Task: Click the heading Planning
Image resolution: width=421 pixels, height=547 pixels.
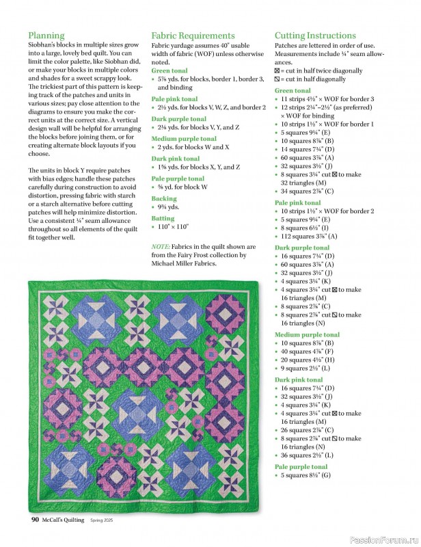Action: tap(46, 36)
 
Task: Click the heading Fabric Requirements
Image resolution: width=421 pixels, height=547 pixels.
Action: tap(193, 36)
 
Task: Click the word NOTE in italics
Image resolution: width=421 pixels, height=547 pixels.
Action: tap(161, 246)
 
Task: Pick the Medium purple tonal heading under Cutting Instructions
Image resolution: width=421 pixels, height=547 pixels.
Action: tap(307, 335)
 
